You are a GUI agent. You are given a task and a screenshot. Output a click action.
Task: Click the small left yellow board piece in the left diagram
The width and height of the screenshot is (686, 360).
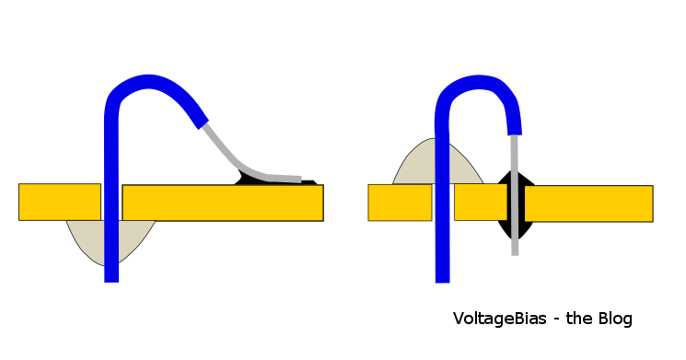point(59,202)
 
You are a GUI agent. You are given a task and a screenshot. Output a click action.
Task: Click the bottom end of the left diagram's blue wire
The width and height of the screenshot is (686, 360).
point(111,277)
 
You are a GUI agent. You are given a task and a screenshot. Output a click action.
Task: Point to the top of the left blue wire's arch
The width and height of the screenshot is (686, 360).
point(147,82)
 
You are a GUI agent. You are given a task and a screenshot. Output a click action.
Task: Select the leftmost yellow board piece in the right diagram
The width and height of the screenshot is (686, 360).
point(400,203)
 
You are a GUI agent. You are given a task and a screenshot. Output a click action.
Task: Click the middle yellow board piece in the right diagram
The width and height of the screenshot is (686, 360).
point(479,202)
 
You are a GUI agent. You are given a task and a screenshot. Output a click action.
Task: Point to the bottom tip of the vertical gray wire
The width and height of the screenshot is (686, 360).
point(515,251)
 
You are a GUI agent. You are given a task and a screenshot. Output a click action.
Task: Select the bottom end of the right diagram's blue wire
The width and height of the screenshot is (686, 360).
point(442,277)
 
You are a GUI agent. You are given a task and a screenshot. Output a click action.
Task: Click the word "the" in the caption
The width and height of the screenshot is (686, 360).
point(577,319)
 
